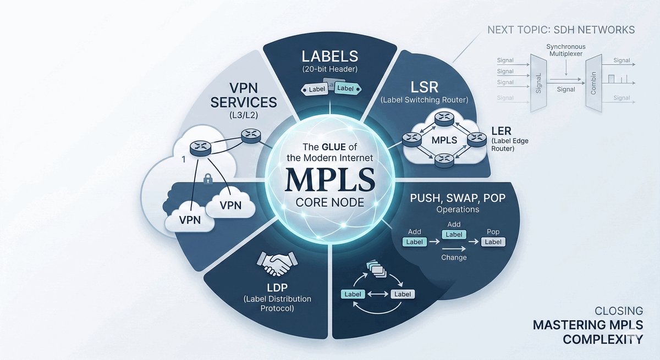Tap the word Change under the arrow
pyautogui.click(x=454, y=257)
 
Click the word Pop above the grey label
pyautogui.click(x=493, y=232)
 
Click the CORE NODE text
pyautogui.click(x=330, y=202)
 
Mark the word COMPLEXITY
pyautogui.click(x=603, y=339)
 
